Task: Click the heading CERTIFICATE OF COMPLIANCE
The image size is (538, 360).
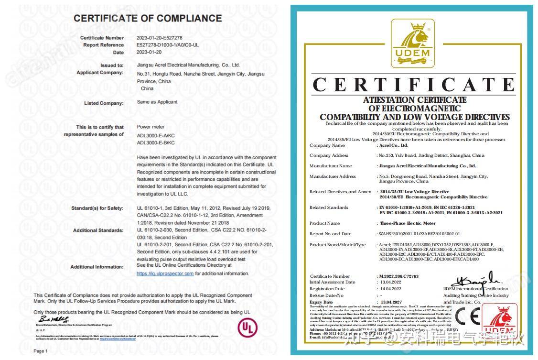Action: coord(148,19)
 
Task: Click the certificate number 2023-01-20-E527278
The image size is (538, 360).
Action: coord(159,38)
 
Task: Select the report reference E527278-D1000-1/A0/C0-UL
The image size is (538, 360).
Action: coord(167,45)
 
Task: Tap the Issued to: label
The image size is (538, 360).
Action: coord(112,65)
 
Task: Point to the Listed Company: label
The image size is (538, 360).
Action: coord(104,103)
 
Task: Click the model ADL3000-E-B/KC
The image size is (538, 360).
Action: coord(156,142)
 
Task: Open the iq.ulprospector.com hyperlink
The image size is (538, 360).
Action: coord(165,273)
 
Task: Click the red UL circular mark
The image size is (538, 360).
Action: coord(247,328)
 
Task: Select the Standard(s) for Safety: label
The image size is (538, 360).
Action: coord(97,208)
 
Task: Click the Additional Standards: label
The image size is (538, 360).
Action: coord(98,230)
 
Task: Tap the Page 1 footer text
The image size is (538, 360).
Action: coord(41,351)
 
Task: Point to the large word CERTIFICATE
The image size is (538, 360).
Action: coord(414,85)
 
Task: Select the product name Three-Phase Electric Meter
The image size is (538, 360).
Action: coord(408,223)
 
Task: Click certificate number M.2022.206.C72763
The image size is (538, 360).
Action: coord(398,276)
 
